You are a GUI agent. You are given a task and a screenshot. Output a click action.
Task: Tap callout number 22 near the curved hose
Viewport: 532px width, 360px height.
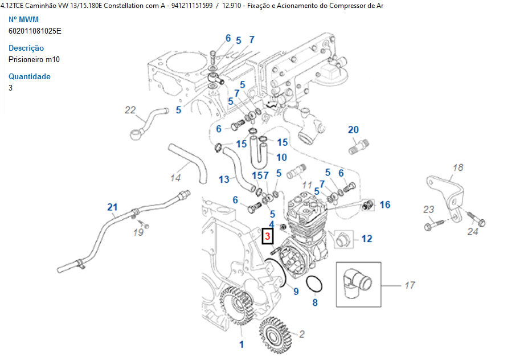pyautogui.click(x=130, y=110)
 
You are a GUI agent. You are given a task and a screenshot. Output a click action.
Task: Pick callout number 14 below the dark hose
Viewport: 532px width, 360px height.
pyautogui.click(x=175, y=178)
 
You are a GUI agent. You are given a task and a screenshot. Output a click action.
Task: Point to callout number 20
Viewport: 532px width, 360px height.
pyautogui.click(x=353, y=130)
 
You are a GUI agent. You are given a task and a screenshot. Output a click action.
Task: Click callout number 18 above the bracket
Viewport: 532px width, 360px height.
pyautogui.click(x=458, y=167)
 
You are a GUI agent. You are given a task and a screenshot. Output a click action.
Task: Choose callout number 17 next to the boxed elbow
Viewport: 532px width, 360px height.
pyautogui.click(x=410, y=285)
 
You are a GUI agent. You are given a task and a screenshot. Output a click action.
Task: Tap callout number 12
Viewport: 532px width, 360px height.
pyautogui.click(x=366, y=238)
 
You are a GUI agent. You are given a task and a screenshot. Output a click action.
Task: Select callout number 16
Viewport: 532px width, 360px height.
pyautogui.click(x=385, y=204)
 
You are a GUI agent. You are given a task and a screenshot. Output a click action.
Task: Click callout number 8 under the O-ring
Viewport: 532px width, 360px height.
pyautogui.click(x=315, y=302)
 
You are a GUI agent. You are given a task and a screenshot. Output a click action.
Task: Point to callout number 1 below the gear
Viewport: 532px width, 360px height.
pyautogui.click(x=242, y=344)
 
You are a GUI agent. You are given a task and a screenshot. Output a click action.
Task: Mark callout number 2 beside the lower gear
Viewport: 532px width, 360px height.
pyautogui.click(x=302, y=334)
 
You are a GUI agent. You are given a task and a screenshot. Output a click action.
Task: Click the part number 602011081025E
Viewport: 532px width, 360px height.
pyautogui.click(x=35, y=31)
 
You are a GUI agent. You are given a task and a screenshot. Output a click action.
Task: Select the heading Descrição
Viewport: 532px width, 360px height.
pyautogui.click(x=26, y=48)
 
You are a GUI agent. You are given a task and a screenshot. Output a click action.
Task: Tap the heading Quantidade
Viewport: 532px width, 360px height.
pyautogui.click(x=30, y=76)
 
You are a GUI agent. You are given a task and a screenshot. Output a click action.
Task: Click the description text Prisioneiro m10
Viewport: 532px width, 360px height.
pyautogui.click(x=34, y=59)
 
